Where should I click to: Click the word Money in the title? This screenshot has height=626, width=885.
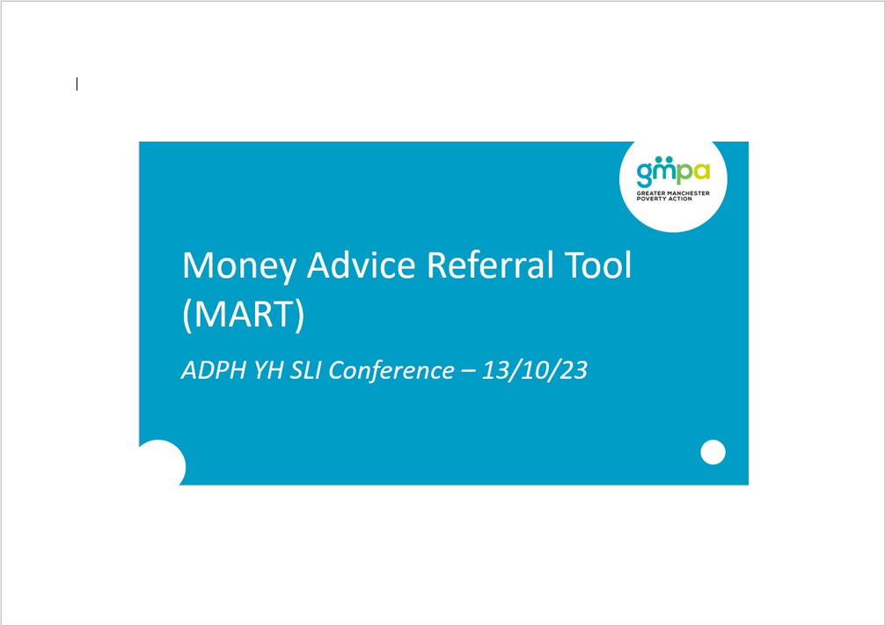[x=238, y=266]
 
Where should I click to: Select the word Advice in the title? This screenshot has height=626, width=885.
[x=362, y=265]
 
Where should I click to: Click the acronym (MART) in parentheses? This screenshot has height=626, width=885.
[x=244, y=315]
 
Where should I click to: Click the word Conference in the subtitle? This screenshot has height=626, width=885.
[x=391, y=370]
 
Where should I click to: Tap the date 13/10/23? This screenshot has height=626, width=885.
[x=535, y=370]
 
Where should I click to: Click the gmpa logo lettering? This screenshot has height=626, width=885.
[x=673, y=171]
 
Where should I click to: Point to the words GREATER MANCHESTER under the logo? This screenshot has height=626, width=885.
[x=673, y=193]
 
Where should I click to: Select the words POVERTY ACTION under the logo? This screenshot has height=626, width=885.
[x=664, y=199]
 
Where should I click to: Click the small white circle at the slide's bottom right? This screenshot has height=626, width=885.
[x=713, y=452]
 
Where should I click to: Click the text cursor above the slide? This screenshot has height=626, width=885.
[x=77, y=84]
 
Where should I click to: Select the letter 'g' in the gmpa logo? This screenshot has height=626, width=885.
[x=644, y=175]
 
